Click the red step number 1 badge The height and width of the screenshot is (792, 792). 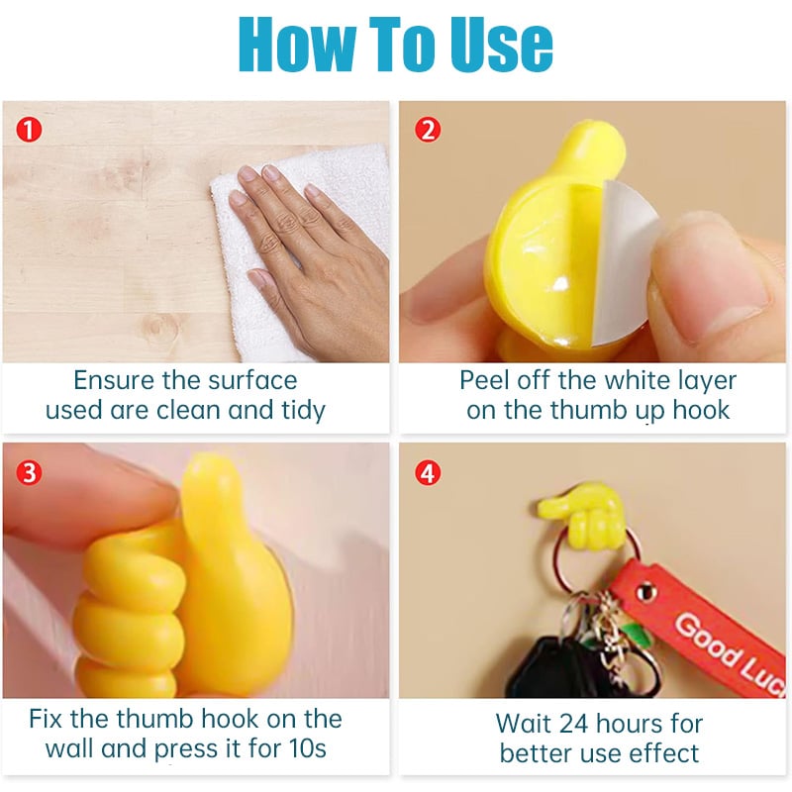tap(29, 130)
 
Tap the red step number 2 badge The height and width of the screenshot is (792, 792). tap(428, 130)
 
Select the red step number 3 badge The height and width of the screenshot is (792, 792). tap(29, 473)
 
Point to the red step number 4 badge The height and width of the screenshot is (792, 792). tap(428, 473)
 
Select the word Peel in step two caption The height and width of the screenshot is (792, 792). tap(484, 380)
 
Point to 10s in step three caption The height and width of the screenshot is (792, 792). tap(307, 748)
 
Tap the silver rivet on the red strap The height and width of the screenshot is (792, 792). tap(645, 589)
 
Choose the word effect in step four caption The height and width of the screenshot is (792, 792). tap(666, 753)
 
